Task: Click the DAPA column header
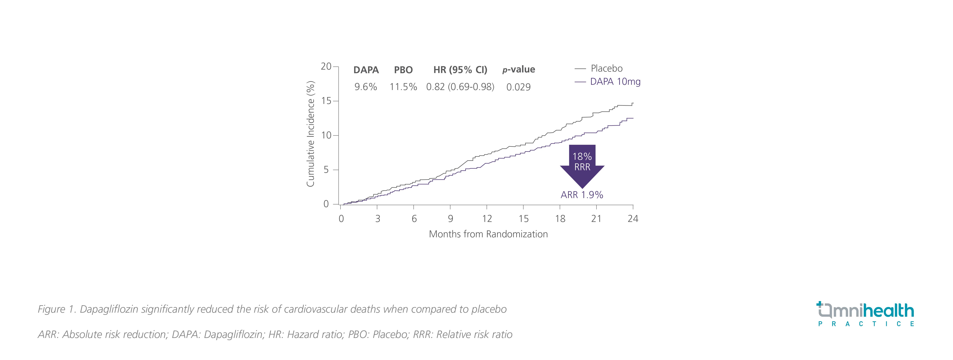pos(366,70)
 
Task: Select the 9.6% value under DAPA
pos(366,87)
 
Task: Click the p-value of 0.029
pos(518,87)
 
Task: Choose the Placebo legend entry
pos(606,68)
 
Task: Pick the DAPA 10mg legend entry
pos(615,82)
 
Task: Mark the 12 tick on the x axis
pos(487,219)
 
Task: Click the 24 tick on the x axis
pos(633,219)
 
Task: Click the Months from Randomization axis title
pos(488,234)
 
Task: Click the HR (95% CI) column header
pos(460,70)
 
